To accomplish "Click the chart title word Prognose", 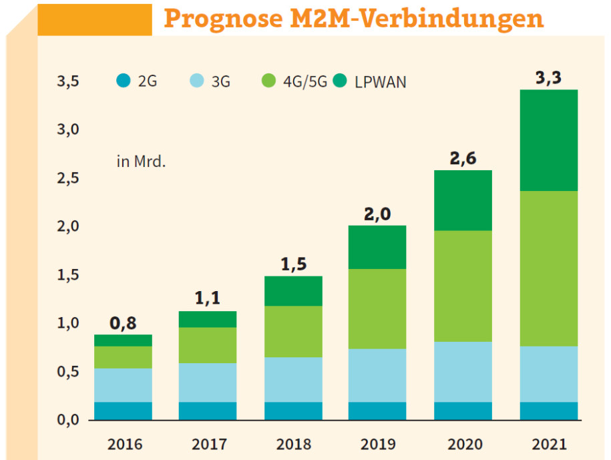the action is (x=223, y=19).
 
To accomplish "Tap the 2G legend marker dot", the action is (x=124, y=81).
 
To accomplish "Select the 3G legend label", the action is (x=220, y=81).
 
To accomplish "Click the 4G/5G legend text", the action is (x=305, y=81).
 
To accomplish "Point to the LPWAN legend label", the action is (x=381, y=82).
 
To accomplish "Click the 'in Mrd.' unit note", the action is (x=141, y=162).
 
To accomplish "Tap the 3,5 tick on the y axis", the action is (x=68, y=81).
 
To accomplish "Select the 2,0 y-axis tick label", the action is (x=68, y=226).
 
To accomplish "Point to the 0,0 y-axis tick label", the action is (x=68, y=419).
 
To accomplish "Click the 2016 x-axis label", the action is (x=125, y=444).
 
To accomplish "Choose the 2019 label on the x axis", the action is (x=378, y=444).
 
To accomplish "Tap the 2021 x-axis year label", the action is (x=549, y=444).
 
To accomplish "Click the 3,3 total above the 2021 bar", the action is (x=548, y=77).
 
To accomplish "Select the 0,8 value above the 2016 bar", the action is (x=123, y=323).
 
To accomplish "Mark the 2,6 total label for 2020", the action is (x=463, y=158).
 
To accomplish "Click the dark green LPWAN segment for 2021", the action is (x=549, y=140).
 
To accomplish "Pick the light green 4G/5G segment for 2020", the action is (x=463, y=286).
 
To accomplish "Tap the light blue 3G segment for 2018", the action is (x=293, y=380).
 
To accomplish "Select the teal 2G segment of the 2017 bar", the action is (x=208, y=411).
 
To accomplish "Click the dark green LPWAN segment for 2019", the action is (x=377, y=247).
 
